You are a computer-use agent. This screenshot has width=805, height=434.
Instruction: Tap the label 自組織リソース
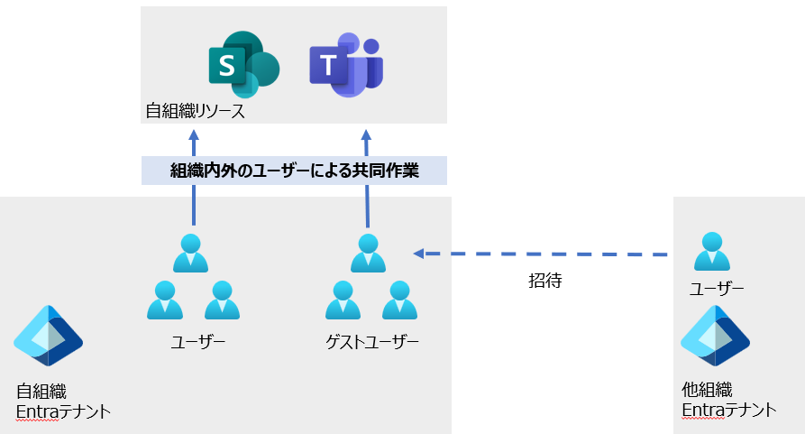(x=196, y=113)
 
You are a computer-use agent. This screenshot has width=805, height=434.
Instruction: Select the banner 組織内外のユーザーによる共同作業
(x=294, y=171)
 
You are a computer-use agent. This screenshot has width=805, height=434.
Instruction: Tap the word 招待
(x=545, y=281)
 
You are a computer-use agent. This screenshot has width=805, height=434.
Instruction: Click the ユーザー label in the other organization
(x=717, y=289)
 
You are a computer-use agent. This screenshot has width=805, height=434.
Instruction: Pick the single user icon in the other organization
(x=712, y=252)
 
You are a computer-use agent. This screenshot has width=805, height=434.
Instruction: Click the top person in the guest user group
(x=367, y=253)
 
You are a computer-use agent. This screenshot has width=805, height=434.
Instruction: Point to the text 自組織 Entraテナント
(x=63, y=402)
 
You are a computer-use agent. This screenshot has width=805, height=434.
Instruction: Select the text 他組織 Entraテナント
(x=728, y=402)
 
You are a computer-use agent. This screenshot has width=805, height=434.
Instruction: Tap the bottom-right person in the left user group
(x=222, y=300)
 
